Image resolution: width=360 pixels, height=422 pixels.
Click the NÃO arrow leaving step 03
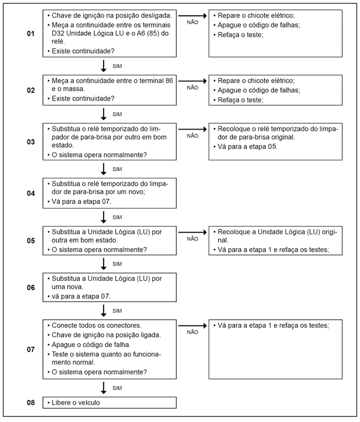tap(193, 129)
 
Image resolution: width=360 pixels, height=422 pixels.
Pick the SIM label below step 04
tap(117, 217)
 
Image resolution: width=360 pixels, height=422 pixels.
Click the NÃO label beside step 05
tap(193, 238)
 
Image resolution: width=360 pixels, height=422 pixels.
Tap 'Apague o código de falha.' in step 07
tap(90, 344)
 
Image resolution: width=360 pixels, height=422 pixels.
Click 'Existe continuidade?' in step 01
tap(83, 52)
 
